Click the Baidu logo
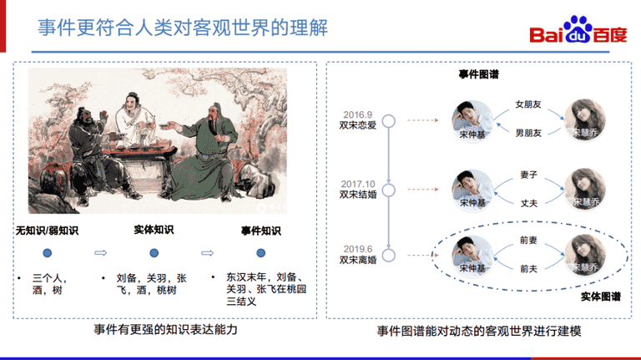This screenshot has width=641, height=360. (x=578, y=30)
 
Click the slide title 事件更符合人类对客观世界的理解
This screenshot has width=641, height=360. (x=183, y=28)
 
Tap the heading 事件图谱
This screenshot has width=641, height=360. (x=479, y=74)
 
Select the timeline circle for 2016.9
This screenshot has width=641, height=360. (x=389, y=121)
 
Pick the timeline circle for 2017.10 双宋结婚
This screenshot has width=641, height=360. (x=389, y=190)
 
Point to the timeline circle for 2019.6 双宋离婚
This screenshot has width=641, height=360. (x=389, y=256)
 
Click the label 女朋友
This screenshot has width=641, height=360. (x=528, y=104)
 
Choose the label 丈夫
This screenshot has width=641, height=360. (x=529, y=203)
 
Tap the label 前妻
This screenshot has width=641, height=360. (x=528, y=240)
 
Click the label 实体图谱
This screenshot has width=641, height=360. (x=601, y=297)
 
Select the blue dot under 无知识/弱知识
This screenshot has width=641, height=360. (x=48, y=253)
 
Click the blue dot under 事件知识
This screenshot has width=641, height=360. (x=260, y=253)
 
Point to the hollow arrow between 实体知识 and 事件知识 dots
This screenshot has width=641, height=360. (x=207, y=253)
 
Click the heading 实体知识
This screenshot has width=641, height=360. (x=154, y=230)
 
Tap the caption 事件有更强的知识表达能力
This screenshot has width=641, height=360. (x=165, y=330)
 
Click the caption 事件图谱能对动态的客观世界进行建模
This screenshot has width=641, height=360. (x=479, y=331)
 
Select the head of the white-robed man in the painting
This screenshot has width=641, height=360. (x=132, y=102)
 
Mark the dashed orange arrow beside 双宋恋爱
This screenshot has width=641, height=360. (x=423, y=120)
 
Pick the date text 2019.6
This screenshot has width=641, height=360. (x=358, y=249)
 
